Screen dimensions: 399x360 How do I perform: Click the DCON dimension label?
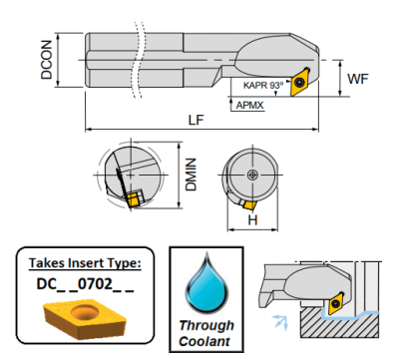pos(47,60)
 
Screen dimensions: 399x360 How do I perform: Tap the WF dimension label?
pos(358,79)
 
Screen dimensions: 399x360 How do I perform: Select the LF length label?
pos(197,120)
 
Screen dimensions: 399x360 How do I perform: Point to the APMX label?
pos(249,106)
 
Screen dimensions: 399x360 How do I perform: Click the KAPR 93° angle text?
pos(263,85)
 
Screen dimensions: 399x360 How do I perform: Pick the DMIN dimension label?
pos(192,175)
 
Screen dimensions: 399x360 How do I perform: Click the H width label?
pos(252,220)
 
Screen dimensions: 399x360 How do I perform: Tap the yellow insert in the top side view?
pos(300,82)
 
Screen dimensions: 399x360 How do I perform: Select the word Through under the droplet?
pos(206,325)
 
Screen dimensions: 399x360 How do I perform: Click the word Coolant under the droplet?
pos(204,341)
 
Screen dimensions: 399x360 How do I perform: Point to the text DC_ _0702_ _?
pos(85,284)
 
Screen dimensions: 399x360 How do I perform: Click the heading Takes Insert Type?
pos(85,263)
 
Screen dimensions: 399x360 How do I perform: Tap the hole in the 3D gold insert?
pos(85,313)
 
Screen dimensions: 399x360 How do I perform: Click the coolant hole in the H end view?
pos(253,175)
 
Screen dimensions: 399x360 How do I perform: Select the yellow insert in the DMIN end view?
pos(134,198)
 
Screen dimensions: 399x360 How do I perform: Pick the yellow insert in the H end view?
pos(249,204)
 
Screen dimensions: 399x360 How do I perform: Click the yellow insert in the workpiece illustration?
pos(336,302)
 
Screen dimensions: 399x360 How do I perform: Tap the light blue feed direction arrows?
pos(280,322)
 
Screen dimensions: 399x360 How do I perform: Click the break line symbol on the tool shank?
pos(140,60)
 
